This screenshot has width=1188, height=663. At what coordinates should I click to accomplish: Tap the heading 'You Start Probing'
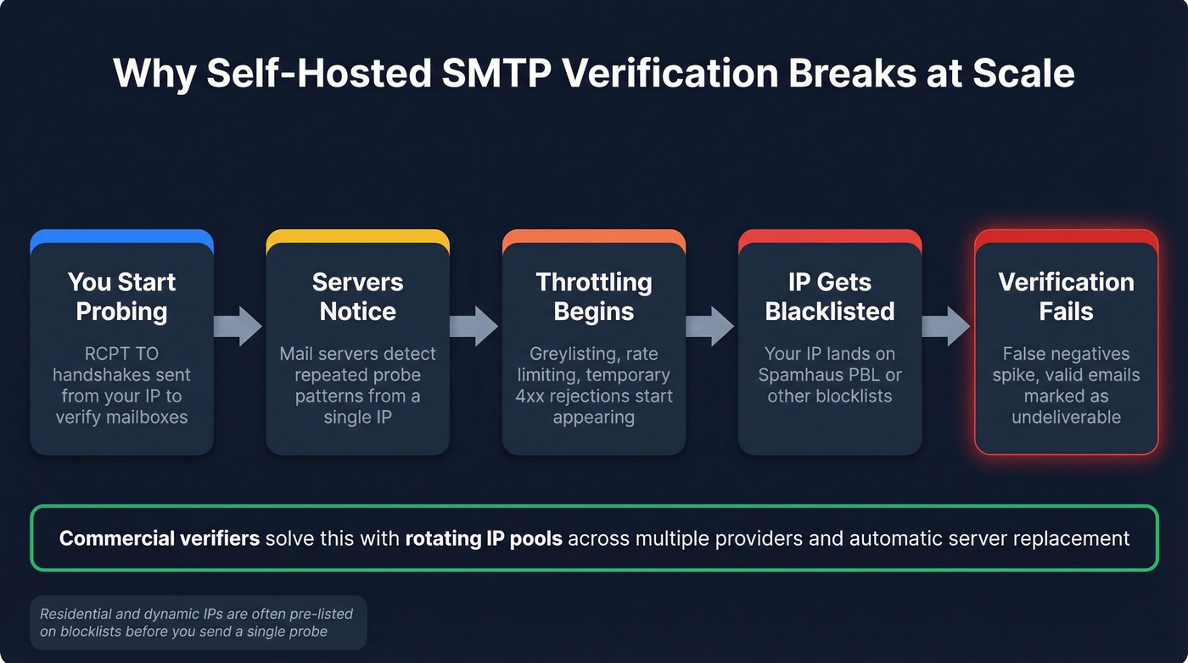(121, 296)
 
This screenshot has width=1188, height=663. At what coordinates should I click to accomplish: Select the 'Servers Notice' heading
(357, 296)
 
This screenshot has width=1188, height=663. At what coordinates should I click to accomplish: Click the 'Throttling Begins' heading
(593, 296)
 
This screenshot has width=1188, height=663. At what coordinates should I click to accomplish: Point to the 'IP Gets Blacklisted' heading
(829, 296)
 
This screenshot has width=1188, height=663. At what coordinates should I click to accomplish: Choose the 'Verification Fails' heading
(1066, 296)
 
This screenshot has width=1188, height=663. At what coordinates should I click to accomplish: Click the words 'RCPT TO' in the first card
(121, 353)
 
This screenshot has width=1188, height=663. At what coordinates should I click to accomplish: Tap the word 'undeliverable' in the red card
(1066, 417)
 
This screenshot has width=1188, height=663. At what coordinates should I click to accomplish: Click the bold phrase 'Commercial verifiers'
(160, 538)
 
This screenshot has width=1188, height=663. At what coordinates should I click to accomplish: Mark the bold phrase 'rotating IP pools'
(484, 538)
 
